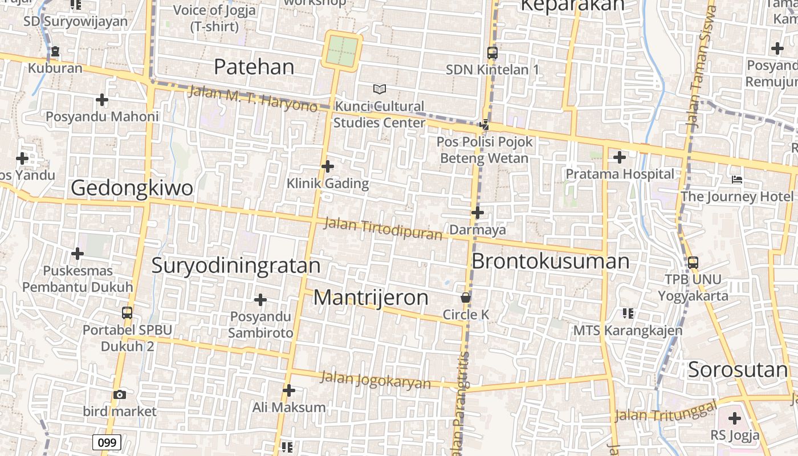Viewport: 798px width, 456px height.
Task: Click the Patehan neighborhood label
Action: click(254, 67)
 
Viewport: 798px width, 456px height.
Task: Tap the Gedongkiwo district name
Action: click(132, 188)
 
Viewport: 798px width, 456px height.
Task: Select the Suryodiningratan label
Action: click(236, 266)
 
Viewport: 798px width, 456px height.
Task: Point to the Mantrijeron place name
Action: click(371, 297)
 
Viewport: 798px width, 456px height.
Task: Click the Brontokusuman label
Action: click(551, 261)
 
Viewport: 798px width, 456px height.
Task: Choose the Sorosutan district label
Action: click(738, 369)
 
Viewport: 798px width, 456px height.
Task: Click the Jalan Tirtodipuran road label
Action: click(382, 228)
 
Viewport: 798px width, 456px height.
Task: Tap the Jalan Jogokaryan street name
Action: click(376, 380)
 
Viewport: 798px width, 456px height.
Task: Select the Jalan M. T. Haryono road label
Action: click(253, 98)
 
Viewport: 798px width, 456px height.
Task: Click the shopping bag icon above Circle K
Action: click(466, 298)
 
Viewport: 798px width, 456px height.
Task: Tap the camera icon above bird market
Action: click(119, 394)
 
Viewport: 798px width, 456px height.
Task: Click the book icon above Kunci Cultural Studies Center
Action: click(379, 89)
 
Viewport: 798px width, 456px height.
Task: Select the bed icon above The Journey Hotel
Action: click(736, 180)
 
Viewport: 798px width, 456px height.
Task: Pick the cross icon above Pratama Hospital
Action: click(620, 157)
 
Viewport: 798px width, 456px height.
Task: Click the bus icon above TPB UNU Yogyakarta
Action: click(693, 263)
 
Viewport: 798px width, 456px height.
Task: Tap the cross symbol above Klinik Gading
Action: click(328, 166)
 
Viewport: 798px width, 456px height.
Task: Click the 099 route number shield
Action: click(107, 442)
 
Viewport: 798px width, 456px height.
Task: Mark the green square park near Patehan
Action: click(343, 51)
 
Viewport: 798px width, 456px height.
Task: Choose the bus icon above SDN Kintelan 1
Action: click(492, 53)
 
